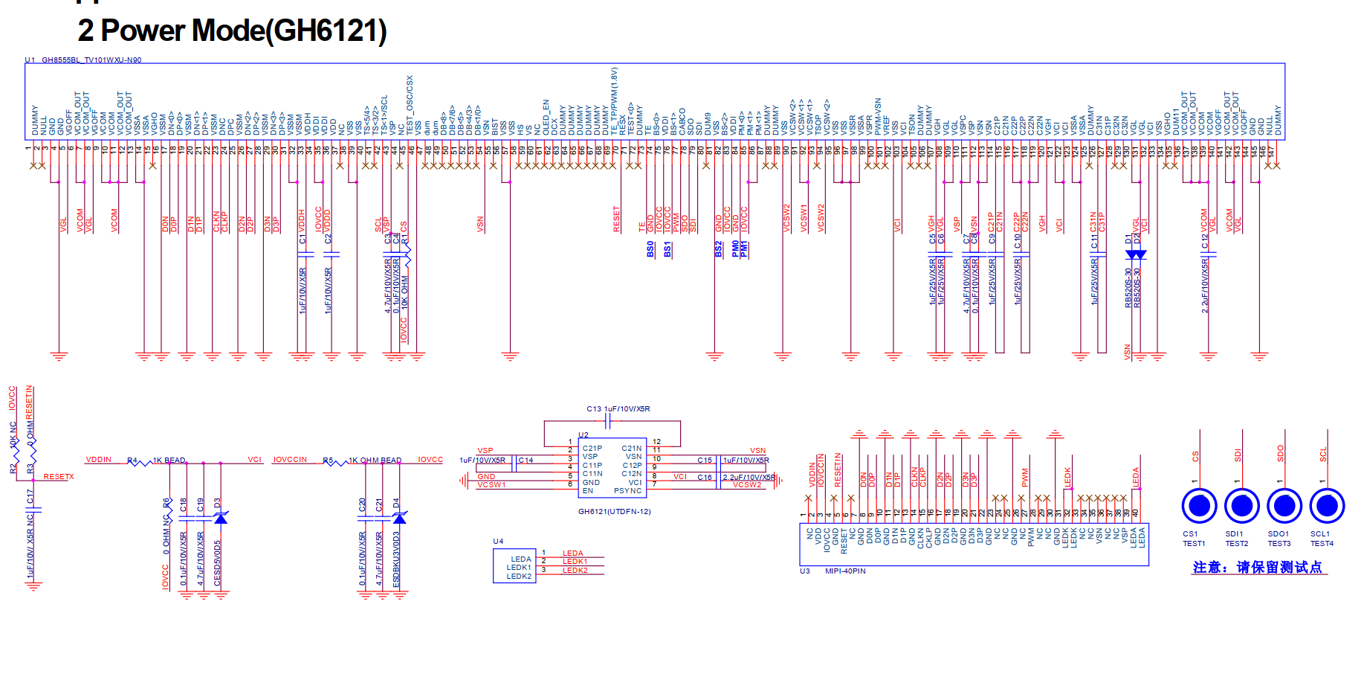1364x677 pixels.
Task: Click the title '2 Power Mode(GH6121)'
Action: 232,31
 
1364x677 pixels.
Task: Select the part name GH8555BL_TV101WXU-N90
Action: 91,60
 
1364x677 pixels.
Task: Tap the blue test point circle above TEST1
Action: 1198,506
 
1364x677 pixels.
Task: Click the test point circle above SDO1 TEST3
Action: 1284,506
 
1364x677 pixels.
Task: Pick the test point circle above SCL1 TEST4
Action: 1326,506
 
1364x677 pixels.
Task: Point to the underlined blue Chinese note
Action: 1258,568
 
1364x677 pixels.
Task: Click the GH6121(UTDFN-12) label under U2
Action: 614,512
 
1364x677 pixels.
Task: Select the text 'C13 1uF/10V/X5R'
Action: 618,409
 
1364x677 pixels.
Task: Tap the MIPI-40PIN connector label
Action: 845,571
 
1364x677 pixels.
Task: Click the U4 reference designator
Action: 498,542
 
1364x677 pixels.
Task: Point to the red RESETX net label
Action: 59,477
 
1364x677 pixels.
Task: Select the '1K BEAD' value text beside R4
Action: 169,461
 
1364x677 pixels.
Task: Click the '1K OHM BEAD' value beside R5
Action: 375,461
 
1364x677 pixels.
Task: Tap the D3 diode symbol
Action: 220,518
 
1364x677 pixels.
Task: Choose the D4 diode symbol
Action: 398,518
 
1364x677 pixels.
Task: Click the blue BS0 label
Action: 650,249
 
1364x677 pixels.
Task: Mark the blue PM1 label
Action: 745,249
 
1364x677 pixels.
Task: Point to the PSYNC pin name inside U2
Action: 627,491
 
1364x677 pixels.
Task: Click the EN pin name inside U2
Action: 587,491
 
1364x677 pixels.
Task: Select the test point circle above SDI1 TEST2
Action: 1241,506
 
